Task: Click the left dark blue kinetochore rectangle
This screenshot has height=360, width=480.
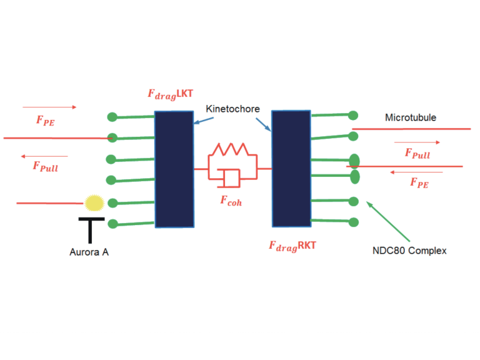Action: click(x=174, y=169)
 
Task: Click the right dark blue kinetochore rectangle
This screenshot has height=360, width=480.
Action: click(x=291, y=168)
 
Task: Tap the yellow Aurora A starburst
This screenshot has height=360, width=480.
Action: click(x=94, y=202)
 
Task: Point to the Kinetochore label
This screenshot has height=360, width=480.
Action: click(x=232, y=109)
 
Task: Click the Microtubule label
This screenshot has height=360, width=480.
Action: click(x=411, y=117)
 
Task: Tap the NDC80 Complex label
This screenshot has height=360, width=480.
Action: click(x=409, y=251)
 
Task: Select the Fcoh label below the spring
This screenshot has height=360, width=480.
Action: click(x=231, y=201)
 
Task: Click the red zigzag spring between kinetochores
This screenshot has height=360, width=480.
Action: click(x=232, y=150)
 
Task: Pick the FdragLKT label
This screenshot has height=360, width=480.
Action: click(x=169, y=94)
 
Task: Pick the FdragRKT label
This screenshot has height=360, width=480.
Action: click(x=292, y=246)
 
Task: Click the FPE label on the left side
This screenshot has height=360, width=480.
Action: click(x=45, y=121)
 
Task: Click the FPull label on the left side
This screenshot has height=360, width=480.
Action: click(x=45, y=166)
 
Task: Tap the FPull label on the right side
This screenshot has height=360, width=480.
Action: click(x=417, y=153)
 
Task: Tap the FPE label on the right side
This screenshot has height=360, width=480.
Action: click(x=419, y=182)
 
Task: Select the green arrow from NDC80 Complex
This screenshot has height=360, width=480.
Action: click(x=388, y=221)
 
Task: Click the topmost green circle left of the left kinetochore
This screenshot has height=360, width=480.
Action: click(x=112, y=116)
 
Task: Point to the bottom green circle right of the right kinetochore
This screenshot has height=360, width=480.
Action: click(x=353, y=222)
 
